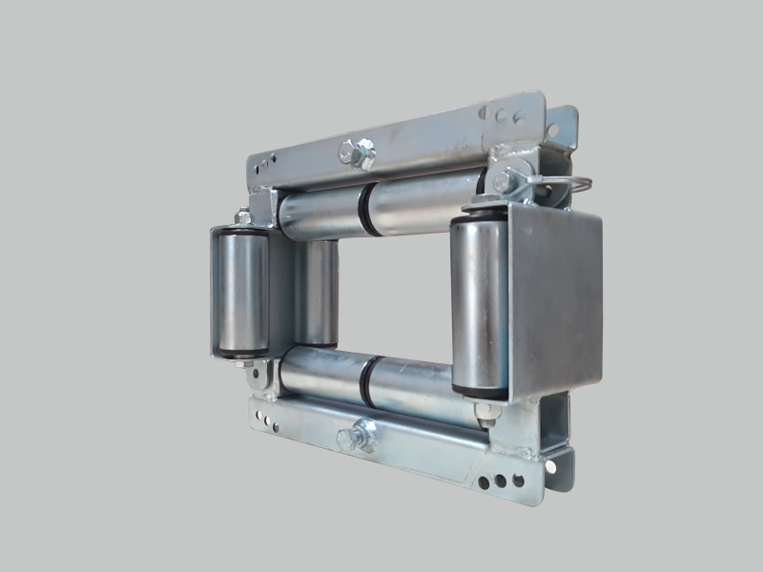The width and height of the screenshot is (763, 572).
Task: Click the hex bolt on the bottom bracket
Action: [x=359, y=436]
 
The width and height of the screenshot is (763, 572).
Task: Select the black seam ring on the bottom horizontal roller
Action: [x=366, y=378]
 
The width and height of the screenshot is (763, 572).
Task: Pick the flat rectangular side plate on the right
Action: [x=556, y=299]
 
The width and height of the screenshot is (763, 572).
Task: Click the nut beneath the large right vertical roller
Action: [x=486, y=412]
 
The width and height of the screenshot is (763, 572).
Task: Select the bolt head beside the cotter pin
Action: [x=505, y=180]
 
